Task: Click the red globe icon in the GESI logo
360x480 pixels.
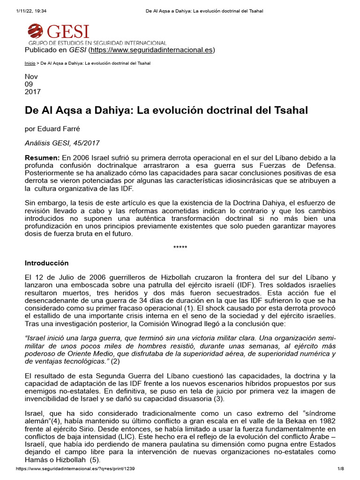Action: [35, 31]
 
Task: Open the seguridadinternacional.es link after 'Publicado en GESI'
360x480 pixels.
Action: [152, 50]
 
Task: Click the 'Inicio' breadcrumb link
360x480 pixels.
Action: [29, 63]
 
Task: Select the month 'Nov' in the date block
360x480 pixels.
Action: [31, 76]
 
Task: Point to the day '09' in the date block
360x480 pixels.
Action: [29, 84]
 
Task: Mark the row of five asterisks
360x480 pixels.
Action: [180, 247]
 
